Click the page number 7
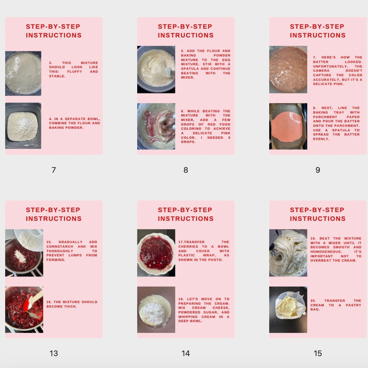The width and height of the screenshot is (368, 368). tap(54, 170)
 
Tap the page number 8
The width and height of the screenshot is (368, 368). tap(186, 170)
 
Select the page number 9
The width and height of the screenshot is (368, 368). tap(318, 170)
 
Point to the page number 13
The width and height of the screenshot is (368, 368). tap(54, 353)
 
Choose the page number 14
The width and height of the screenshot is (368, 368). tap(186, 353)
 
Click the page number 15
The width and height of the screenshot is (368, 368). tap(318, 353)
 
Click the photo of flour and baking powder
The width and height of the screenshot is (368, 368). tap(23, 126)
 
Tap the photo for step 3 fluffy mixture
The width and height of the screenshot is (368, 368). tap(23, 73)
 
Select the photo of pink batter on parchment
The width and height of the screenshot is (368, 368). tap(288, 126)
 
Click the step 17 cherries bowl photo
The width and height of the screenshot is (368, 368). tap(156, 253)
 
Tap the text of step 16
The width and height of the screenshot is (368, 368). tap(72, 304)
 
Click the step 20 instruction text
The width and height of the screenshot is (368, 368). tap(336, 305)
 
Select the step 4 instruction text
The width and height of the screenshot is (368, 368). tap(74, 123)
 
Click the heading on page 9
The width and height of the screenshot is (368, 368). tap(318, 31)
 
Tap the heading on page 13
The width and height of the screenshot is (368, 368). tap(54, 214)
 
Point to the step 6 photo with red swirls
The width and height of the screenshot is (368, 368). tap(156, 126)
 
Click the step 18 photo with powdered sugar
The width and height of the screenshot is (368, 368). tap(156, 309)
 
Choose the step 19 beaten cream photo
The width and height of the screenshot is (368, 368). tap(288, 253)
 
